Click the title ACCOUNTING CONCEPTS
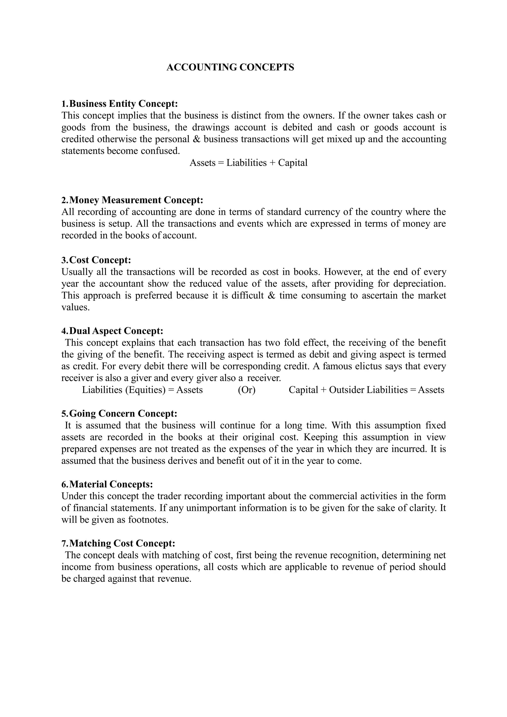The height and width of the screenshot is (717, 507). click(230, 67)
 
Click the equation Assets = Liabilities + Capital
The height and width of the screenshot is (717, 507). click(248, 163)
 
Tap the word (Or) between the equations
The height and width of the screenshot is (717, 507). click(247, 390)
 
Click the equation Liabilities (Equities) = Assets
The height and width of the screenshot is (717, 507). click(142, 390)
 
